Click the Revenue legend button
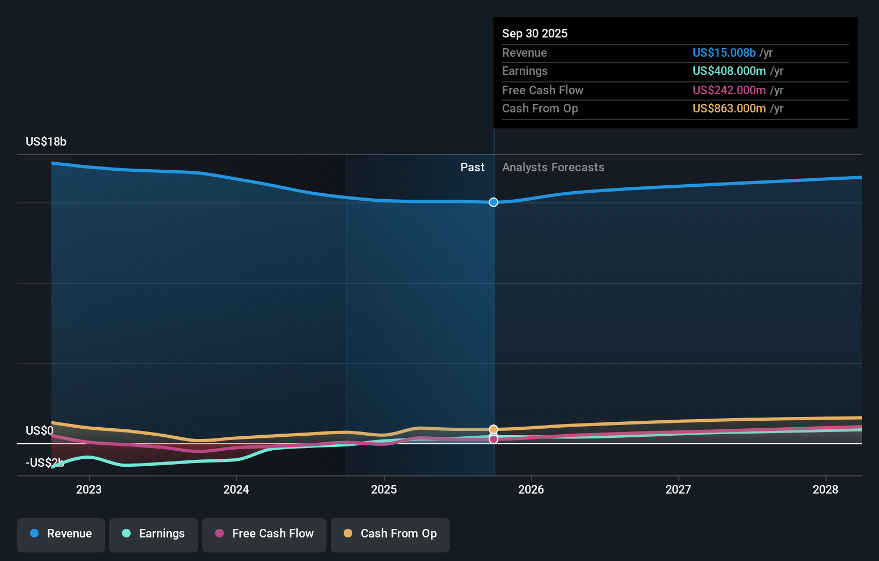[x=61, y=534]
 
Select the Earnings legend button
[x=154, y=534]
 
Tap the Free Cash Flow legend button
[x=264, y=534]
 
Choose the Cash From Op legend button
[x=390, y=534]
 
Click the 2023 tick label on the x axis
[x=89, y=489]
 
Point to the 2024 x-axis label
[x=236, y=489]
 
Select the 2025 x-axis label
[x=384, y=489]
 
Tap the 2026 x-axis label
[x=531, y=489]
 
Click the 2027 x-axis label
[x=678, y=489]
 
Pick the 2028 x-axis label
[x=825, y=489]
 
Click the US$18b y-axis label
[x=46, y=142]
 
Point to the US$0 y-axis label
[x=40, y=431]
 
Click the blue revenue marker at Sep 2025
[x=494, y=202]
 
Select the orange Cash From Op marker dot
[x=494, y=429]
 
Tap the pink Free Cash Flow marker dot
[x=494, y=439]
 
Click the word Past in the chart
[x=472, y=168]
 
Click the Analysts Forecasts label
[x=553, y=168]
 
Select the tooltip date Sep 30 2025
[x=535, y=33]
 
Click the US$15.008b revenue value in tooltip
[x=724, y=52]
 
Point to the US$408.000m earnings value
[x=729, y=71]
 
